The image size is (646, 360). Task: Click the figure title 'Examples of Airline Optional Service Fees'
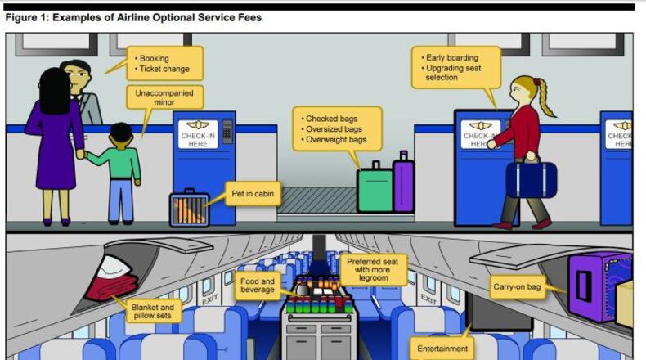tap(155, 17)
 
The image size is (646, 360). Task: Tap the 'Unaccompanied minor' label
tap(164, 98)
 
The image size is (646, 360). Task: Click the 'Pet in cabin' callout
tap(254, 194)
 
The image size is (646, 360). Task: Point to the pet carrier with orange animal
tap(189, 208)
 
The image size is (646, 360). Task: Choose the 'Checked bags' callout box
tap(336, 128)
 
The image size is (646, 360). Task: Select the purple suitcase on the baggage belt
tap(403, 183)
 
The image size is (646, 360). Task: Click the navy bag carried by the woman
tap(530, 179)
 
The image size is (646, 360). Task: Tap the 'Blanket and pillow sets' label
tap(152, 312)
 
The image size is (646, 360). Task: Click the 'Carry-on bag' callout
tap(518, 287)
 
